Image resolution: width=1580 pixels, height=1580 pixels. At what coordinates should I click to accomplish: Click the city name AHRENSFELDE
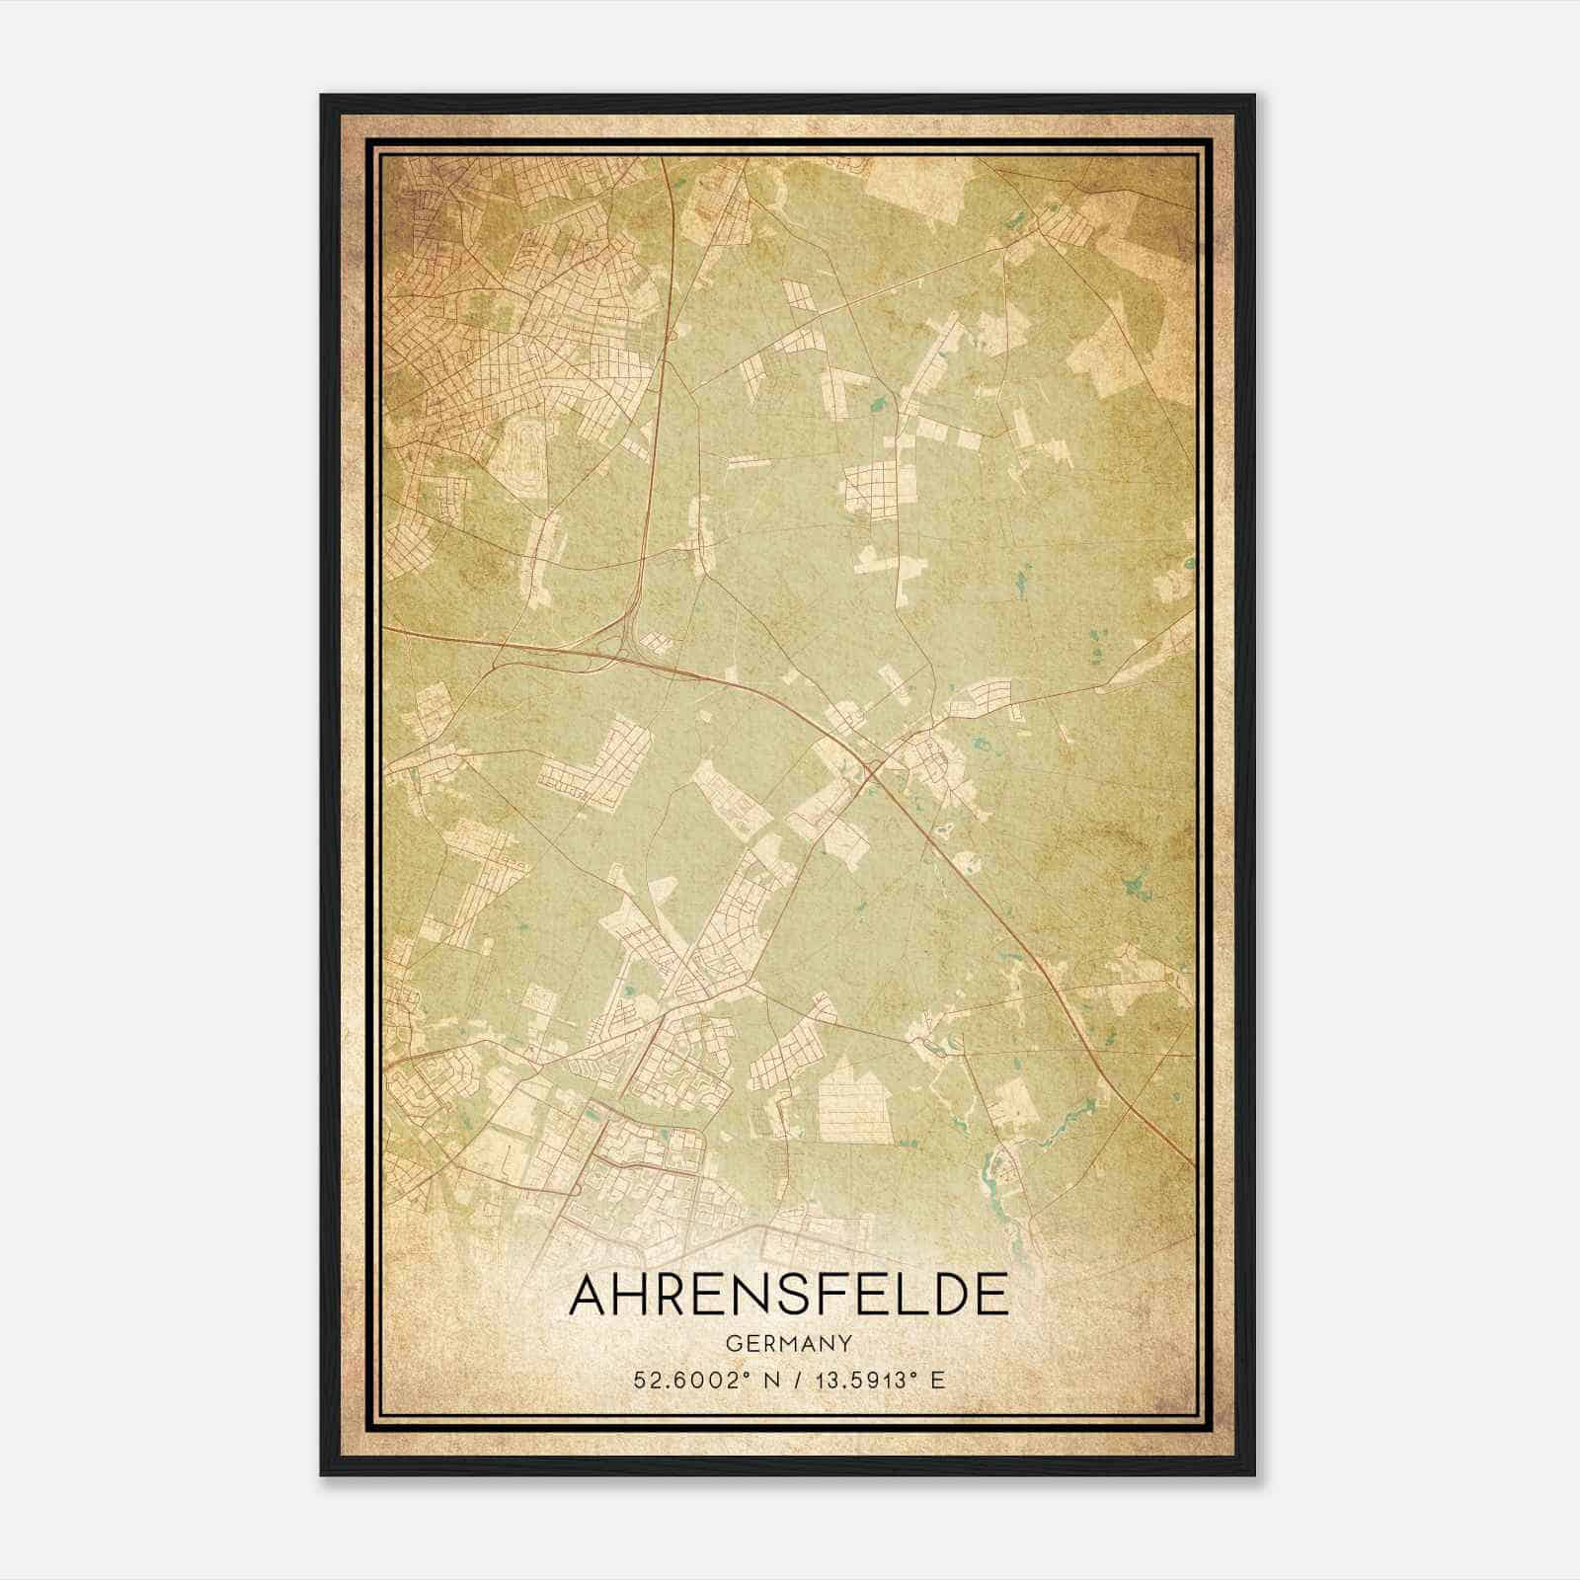[x=789, y=1295]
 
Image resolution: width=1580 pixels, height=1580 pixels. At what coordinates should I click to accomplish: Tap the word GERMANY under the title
[x=789, y=1344]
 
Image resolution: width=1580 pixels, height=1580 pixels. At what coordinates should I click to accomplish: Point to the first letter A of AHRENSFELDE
[x=590, y=1295]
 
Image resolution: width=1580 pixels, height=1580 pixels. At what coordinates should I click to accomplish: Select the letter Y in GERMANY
[x=844, y=1344]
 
